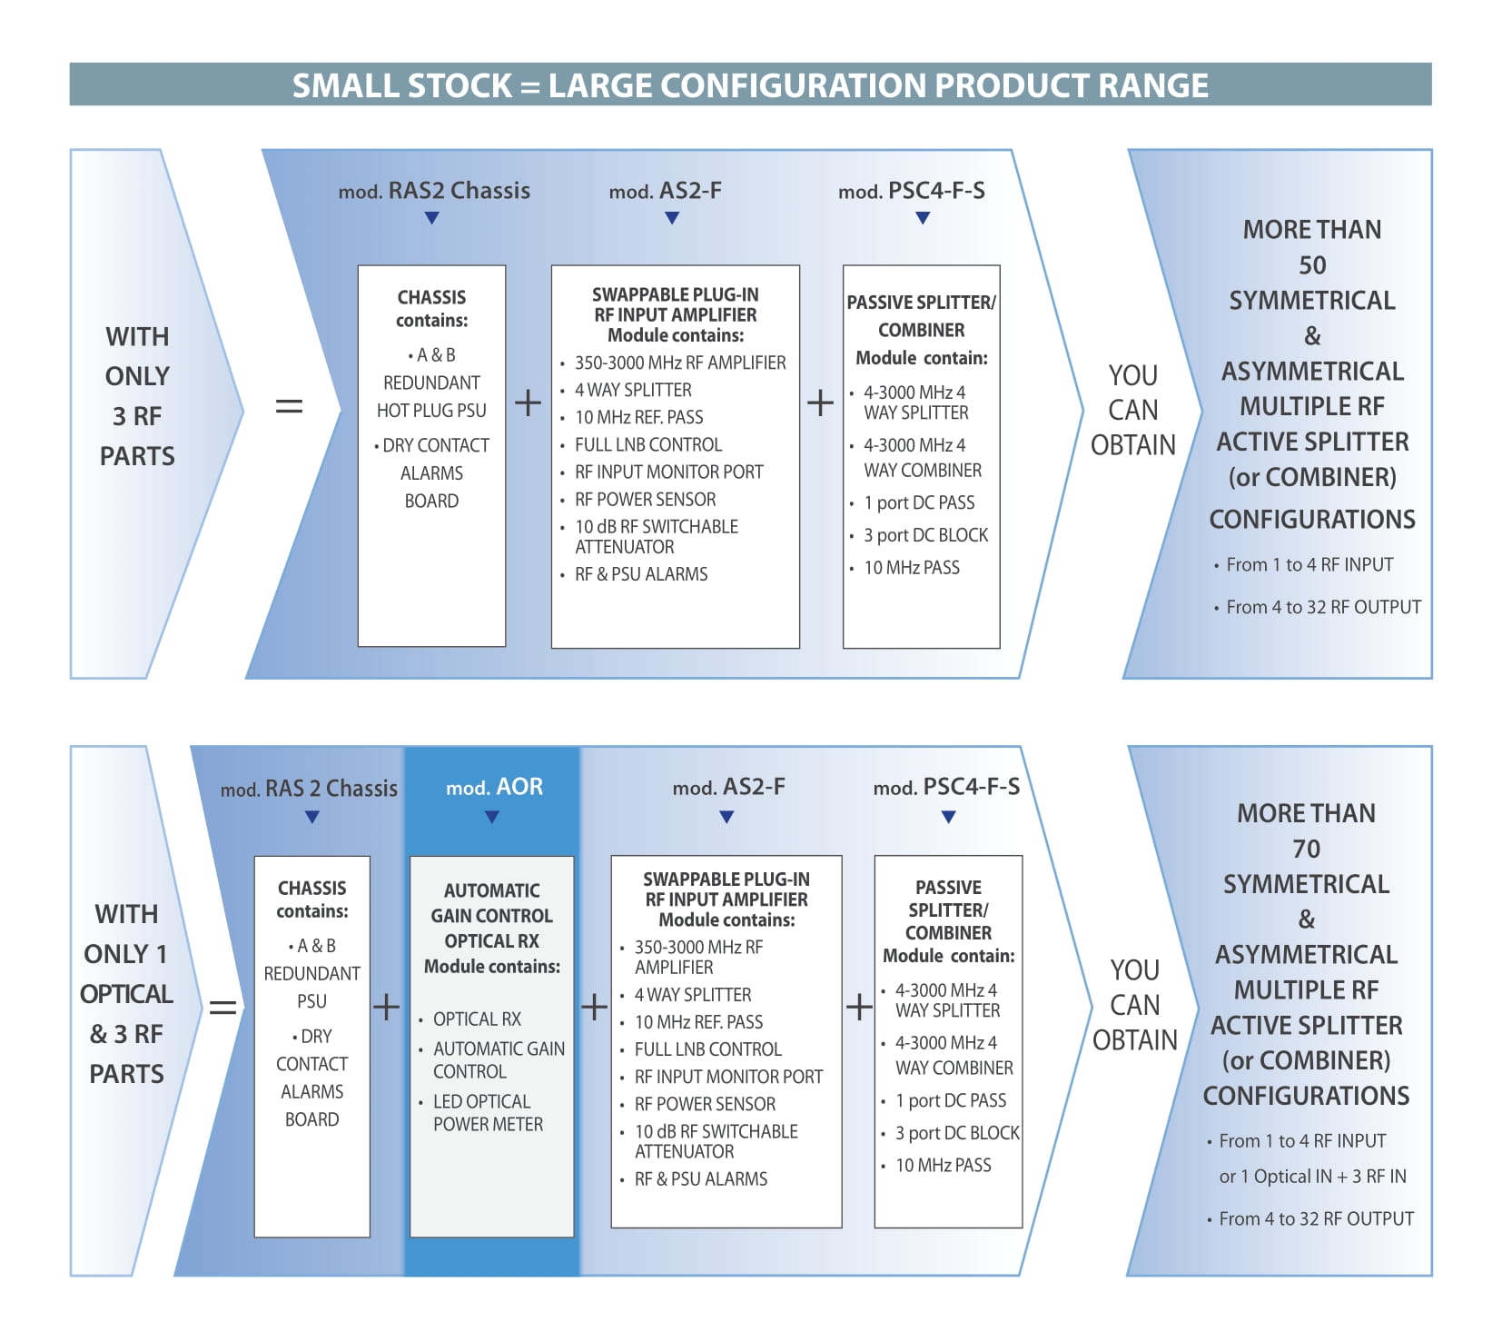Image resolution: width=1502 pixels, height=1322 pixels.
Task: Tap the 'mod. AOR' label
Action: (494, 787)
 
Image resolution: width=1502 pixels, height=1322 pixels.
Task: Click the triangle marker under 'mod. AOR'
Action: (492, 817)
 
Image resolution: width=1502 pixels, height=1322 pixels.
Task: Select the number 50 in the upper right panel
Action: (1311, 265)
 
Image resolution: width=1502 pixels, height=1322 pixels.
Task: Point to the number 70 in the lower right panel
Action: (1306, 849)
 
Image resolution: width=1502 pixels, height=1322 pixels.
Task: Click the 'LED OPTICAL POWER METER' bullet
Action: (488, 1113)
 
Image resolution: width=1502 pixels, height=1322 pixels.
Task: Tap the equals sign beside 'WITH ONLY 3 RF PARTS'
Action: (289, 406)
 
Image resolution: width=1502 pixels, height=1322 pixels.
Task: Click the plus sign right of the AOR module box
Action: (594, 1007)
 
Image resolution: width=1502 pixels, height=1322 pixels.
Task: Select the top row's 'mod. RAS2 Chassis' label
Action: (434, 191)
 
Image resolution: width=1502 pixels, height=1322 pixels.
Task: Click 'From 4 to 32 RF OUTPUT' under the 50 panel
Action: (1323, 607)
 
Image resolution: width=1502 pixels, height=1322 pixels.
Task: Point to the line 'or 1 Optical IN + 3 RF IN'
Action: (1312, 1177)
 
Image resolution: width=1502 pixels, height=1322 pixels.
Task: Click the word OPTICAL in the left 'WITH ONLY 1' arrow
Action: (126, 994)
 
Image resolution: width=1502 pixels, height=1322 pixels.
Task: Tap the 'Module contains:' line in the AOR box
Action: (492, 967)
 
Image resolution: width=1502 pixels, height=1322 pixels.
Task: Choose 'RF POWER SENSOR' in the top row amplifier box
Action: (645, 500)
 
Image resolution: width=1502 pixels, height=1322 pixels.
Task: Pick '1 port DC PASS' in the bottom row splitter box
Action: (951, 1101)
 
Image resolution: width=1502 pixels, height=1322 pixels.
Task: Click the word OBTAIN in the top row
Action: (1132, 445)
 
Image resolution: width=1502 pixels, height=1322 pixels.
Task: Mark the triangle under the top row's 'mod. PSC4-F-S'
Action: (923, 218)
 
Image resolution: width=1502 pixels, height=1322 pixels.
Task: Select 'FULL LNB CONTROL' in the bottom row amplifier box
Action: (707, 1049)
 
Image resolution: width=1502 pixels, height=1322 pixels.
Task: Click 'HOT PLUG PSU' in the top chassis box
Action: (431, 411)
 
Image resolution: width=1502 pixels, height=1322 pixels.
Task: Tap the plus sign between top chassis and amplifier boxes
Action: (528, 403)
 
